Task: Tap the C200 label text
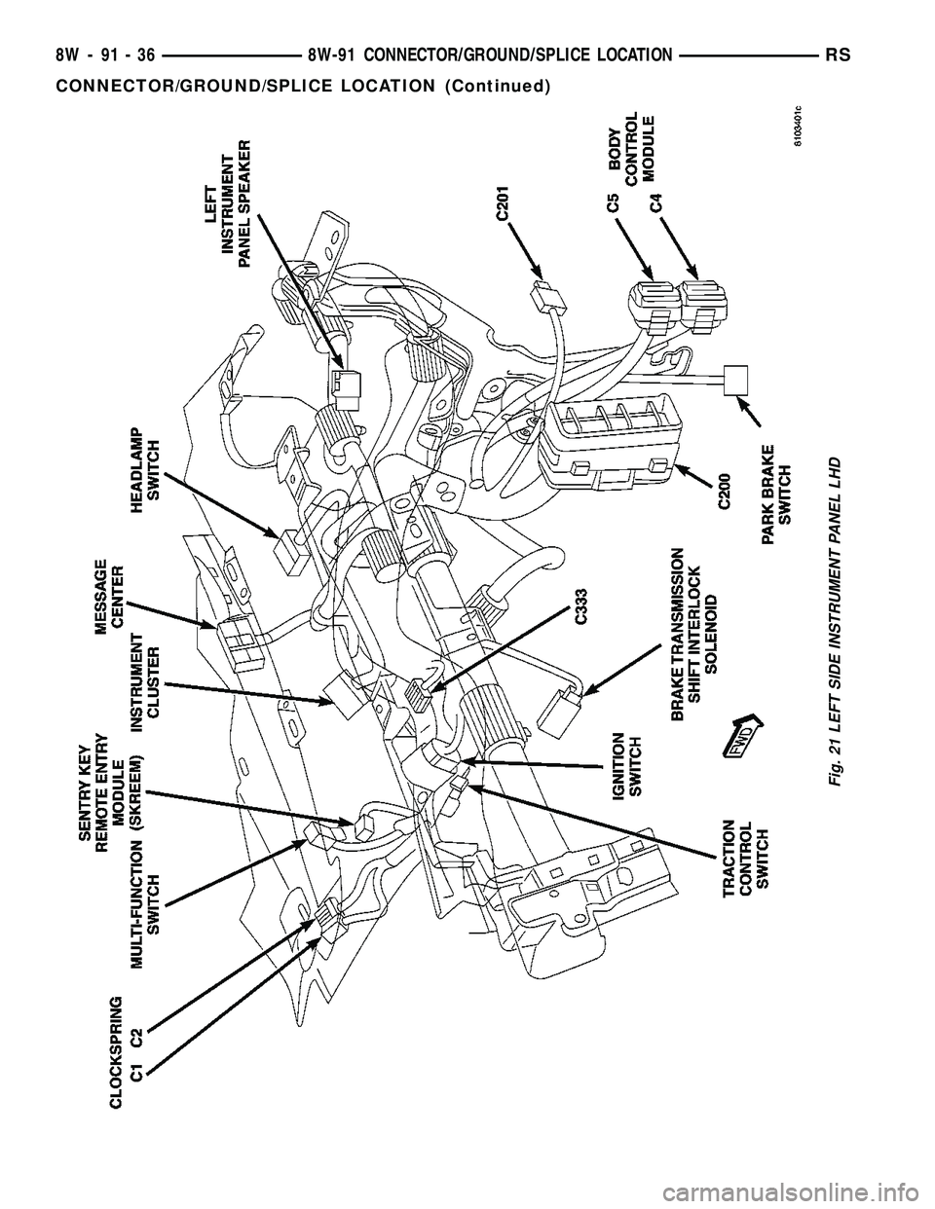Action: (x=726, y=490)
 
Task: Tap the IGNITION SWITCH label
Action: (x=627, y=765)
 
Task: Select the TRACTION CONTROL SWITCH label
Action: (x=747, y=854)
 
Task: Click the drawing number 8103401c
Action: (x=798, y=126)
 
